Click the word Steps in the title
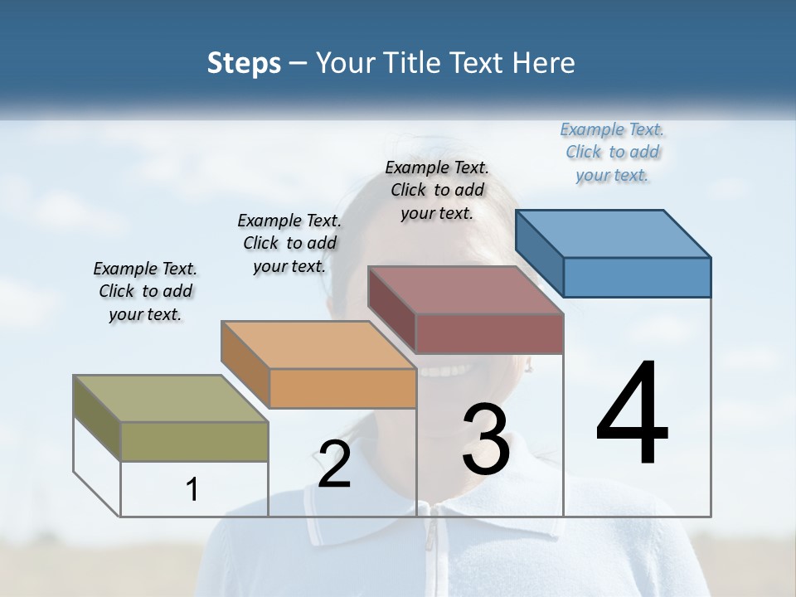(244, 63)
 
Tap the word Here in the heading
(544, 63)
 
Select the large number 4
(632, 415)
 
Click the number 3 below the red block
(486, 439)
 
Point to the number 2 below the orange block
(334, 464)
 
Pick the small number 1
(192, 490)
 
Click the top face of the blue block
(614, 234)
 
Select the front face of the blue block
(637, 277)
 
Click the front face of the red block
(489, 334)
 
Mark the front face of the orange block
(342, 388)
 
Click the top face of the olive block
(171, 399)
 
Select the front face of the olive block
(194, 441)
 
